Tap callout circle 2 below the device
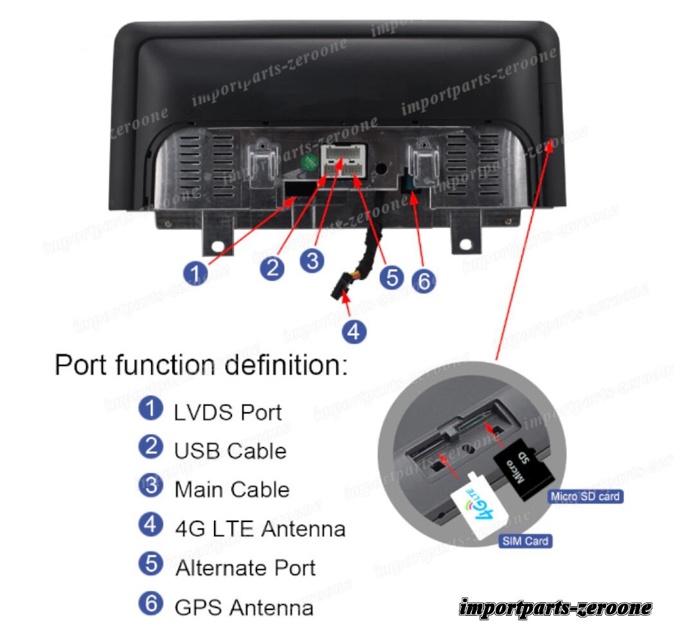[273, 267]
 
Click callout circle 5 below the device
[391, 277]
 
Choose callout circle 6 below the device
[423, 281]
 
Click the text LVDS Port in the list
[228, 412]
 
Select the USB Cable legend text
[230, 451]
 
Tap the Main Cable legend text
[232, 490]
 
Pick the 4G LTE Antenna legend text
[260, 529]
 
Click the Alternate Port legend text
[245, 568]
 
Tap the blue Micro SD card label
[585, 496]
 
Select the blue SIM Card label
[525, 541]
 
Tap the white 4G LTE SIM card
[482, 508]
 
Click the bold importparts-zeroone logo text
[556, 607]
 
